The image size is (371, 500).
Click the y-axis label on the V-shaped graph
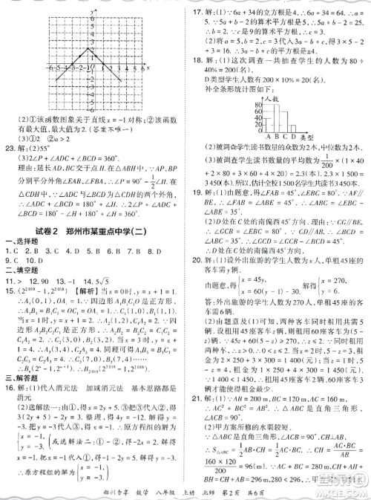[x=89, y=13]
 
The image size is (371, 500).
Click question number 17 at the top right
[x=197, y=11]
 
